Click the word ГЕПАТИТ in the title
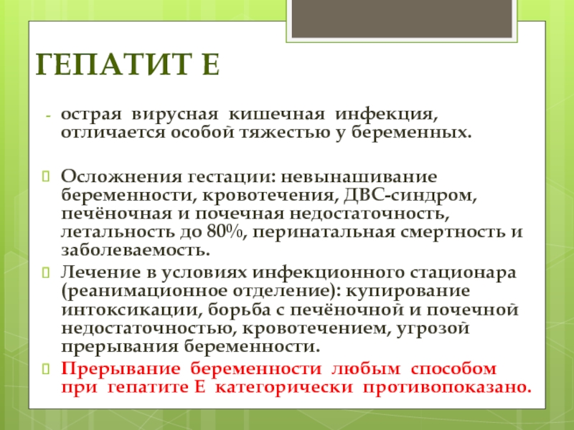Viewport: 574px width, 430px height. (113, 64)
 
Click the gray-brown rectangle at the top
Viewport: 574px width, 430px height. (402, 19)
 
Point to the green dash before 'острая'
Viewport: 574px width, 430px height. (47, 116)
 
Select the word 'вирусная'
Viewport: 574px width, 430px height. (174, 115)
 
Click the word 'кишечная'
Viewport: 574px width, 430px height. (277, 115)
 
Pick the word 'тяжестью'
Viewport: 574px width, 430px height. (285, 133)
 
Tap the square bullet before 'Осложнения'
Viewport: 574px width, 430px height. (46, 176)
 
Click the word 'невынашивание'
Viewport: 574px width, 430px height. (359, 177)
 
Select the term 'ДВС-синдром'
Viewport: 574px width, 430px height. (410, 195)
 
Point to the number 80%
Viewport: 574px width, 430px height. (225, 231)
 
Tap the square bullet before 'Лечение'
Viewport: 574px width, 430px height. (46, 272)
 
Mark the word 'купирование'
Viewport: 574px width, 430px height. (408, 292)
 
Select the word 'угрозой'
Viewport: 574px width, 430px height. (433, 328)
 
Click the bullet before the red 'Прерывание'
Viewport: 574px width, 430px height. (46, 368)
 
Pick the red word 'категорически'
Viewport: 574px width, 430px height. (283, 388)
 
